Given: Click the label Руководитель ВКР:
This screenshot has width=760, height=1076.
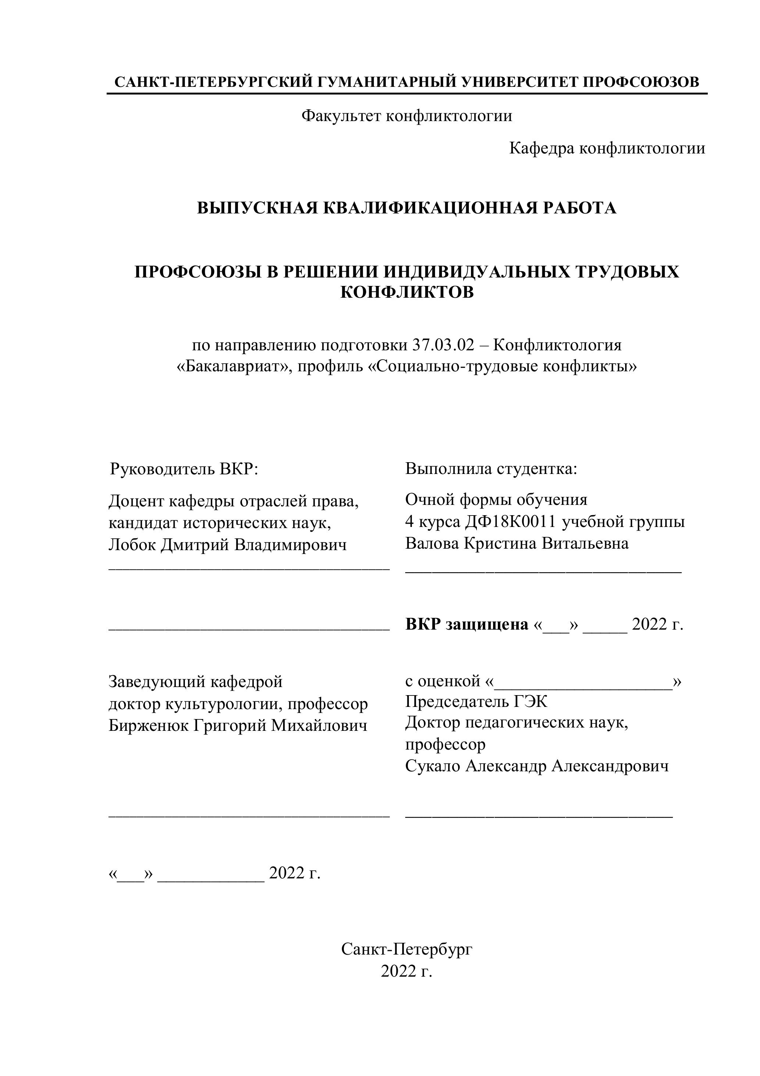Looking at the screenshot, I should (183, 469).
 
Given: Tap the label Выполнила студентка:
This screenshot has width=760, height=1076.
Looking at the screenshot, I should (491, 469).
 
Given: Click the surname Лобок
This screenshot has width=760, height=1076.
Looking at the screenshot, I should (132, 545).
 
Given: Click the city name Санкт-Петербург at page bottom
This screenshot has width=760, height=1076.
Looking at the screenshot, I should (406, 949).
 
